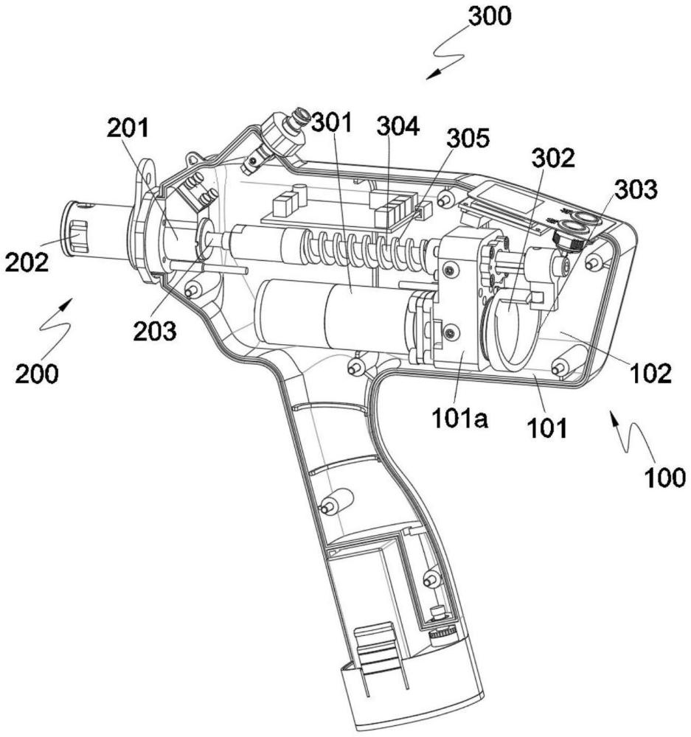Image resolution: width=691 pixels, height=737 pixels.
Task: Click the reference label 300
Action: coord(489,16)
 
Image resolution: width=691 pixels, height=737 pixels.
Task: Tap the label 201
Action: coord(128,128)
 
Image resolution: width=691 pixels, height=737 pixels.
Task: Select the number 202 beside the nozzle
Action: coord(27,262)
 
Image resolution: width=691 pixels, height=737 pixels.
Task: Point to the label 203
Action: coord(155,331)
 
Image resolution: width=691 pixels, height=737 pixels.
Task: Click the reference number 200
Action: coord(37,374)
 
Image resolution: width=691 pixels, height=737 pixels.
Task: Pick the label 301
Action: coord(332,122)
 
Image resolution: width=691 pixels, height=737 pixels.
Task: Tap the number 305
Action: coord(468,139)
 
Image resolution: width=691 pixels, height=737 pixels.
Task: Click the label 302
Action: coord(553,158)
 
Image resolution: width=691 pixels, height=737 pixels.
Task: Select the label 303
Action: coord(636,190)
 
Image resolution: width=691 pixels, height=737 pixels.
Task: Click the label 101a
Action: coord(460,419)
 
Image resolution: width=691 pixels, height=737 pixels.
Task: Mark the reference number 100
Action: coord(664,478)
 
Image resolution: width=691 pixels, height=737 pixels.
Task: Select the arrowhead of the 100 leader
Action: coord(614,416)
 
